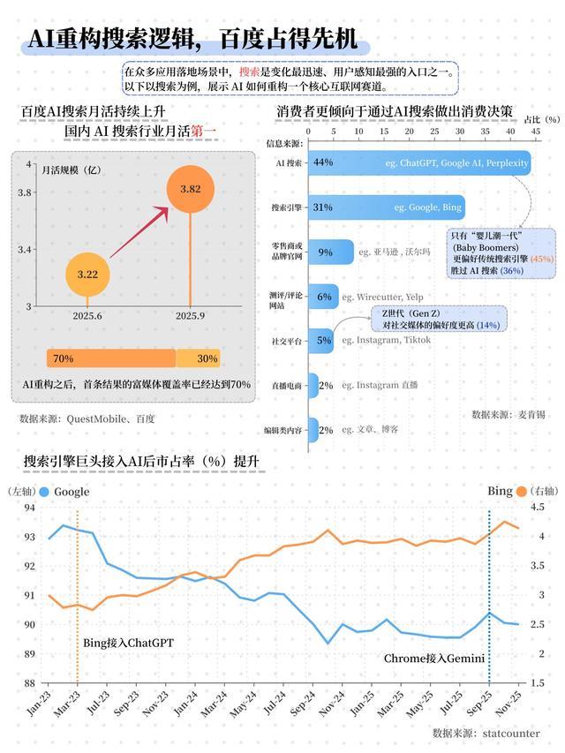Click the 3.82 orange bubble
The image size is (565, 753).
(191, 189)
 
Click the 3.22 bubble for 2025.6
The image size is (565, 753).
(87, 275)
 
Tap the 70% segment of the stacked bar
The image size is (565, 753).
(110, 358)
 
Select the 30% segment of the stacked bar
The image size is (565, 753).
(199, 358)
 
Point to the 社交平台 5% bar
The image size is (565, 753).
(323, 340)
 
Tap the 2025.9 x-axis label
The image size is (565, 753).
(191, 315)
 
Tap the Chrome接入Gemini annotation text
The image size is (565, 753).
(434, 658)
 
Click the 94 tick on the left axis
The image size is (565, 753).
(29, 508)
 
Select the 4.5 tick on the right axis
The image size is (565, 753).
(537, 508)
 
